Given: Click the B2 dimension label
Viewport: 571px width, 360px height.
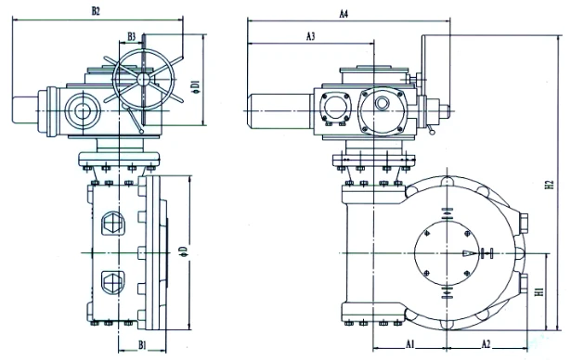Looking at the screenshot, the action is coord(96,11).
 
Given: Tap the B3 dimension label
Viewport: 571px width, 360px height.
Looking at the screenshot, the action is coord(132,36).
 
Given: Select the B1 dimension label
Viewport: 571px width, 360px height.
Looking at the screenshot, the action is coord(142,345).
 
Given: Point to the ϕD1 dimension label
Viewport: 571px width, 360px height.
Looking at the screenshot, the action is coord(197,88).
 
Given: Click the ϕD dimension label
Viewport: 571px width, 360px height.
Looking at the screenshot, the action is coord(184,251).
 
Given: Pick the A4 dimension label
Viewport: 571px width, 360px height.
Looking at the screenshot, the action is coord(344,14).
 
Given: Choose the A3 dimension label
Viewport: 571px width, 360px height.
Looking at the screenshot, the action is coord(310,36).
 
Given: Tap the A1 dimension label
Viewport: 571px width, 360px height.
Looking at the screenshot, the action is coord(410,343).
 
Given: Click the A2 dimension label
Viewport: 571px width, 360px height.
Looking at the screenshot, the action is coord(487,343).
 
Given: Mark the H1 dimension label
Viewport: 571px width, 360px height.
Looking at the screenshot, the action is coord(539,291).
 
